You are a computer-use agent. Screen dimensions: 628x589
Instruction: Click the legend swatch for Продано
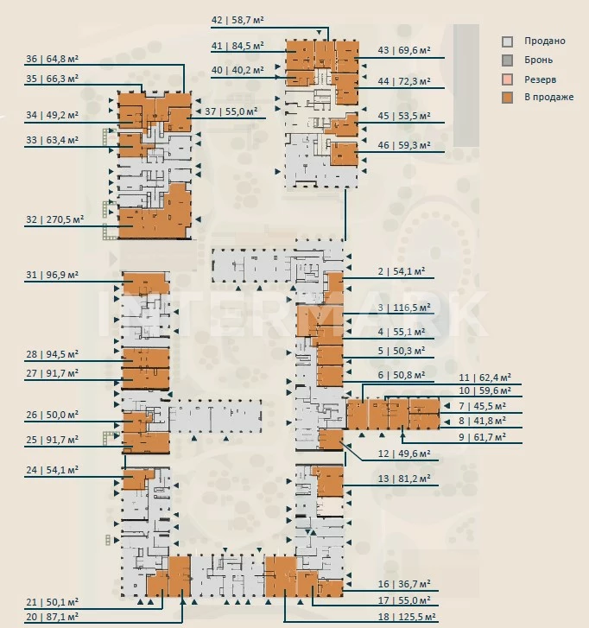pyautogui.click(x=508, y=41)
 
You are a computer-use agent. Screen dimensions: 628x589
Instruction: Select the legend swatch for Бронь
pyautogui.click(x=508, y=60)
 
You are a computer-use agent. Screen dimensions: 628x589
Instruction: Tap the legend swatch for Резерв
pyautogui.click(x=508, y=79)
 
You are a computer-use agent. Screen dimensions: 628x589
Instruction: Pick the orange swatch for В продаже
pyautogui.click(x=508, y=97)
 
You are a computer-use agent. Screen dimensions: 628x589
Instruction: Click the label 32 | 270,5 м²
pyautogui.click(x=54, y=219)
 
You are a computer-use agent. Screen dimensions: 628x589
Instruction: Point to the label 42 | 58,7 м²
pyautogui.click(x=238, y=17)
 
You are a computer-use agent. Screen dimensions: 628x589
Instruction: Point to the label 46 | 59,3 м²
pyautogui.click(x=403, y=145)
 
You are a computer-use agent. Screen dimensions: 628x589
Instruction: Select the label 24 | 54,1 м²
pyautogui.click(x=52, y=470)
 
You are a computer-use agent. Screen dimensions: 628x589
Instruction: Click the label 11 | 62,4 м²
pyautogui.click(x=486, y=377)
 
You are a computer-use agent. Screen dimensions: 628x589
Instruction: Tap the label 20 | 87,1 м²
pyautogui.click(x=52, y=616)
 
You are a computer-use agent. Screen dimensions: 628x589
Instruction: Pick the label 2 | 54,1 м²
pyautogui.click(x=403, y=271)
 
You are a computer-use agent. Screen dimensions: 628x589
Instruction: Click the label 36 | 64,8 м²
pyautogui.click(x=52, y=60)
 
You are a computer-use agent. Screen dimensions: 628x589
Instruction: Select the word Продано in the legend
pyautogui.click(x=546, y=41)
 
